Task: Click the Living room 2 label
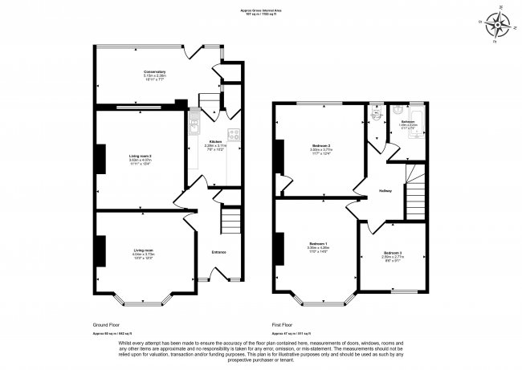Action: (x=141, y=157)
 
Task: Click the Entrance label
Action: (x=218, y=253)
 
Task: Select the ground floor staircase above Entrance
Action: (x=230, y=221)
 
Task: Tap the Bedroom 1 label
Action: (x=317, y=244)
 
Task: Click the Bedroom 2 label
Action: (x=321, y=145)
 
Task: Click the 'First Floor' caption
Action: (x=283, y=324)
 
